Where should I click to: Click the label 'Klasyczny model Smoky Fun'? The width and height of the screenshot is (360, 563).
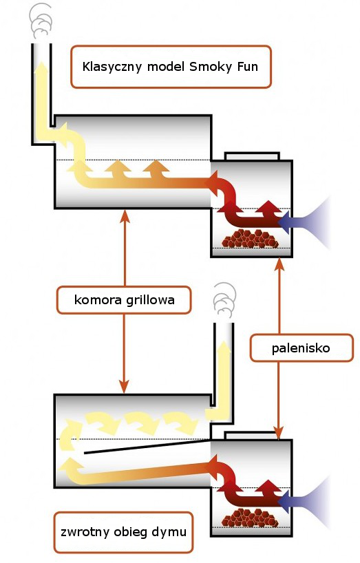click(x=171, y=67)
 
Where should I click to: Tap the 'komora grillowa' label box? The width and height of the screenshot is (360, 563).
click(x=124, y=300)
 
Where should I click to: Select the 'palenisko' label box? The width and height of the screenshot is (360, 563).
click(x=301, y=348)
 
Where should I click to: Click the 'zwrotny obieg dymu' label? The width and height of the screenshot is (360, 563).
click(x=123, y=532)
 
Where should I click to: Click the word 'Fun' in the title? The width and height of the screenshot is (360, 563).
click(x=247, y=67)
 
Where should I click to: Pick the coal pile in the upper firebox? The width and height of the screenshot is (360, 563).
click(x=250, y=238)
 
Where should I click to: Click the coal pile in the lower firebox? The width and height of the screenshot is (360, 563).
click(x=250, y=518)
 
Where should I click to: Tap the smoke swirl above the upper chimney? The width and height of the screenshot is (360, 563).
click(x=41, y=21)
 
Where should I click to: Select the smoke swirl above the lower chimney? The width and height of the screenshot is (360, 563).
click(x=224, y=301)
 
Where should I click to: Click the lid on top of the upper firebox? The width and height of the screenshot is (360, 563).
click(x=252, y=156)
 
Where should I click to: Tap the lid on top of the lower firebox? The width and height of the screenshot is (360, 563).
click(x=251, y=436)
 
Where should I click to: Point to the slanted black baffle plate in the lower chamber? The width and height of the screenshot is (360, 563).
click(x=147, y=446)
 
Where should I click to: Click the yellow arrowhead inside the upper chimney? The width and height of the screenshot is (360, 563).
click(x=41, y=68)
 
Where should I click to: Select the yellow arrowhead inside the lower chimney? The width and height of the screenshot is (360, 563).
click(x=224, y=348)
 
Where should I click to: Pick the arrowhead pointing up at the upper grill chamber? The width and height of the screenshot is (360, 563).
click(x=125, y=215)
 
